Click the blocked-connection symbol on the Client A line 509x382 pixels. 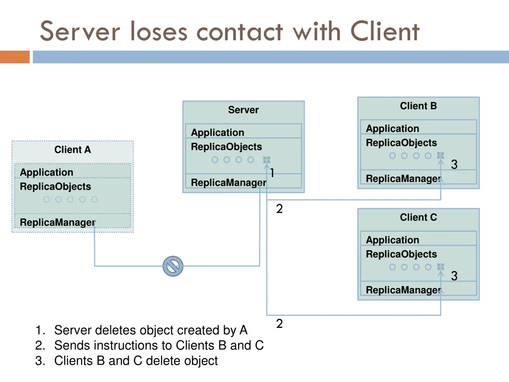coord(173,267)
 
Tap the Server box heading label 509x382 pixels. coord(243,110)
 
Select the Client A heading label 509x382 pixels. coord(73,150)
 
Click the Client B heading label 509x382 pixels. coord(418,106)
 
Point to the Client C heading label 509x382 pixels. coord(418,217)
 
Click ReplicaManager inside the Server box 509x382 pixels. coord(228,183)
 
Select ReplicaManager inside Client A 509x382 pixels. coord(57,222)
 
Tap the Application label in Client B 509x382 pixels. coord(392,128)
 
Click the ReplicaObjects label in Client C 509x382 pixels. coord(401,254)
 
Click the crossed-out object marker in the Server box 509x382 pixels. coord(266,160)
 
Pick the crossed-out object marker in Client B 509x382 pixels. coord(440,156)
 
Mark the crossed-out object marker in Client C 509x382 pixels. coord(440,267)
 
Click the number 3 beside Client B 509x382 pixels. coord(454,165)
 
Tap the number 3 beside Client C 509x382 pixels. coord(454,276)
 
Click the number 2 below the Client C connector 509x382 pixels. coord(279,324)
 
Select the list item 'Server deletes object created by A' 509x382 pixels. coord(150,330)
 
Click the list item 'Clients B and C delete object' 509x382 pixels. coord(136,361)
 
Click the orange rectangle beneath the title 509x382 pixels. coord(15,57)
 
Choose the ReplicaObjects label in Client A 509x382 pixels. coord(55,187)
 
